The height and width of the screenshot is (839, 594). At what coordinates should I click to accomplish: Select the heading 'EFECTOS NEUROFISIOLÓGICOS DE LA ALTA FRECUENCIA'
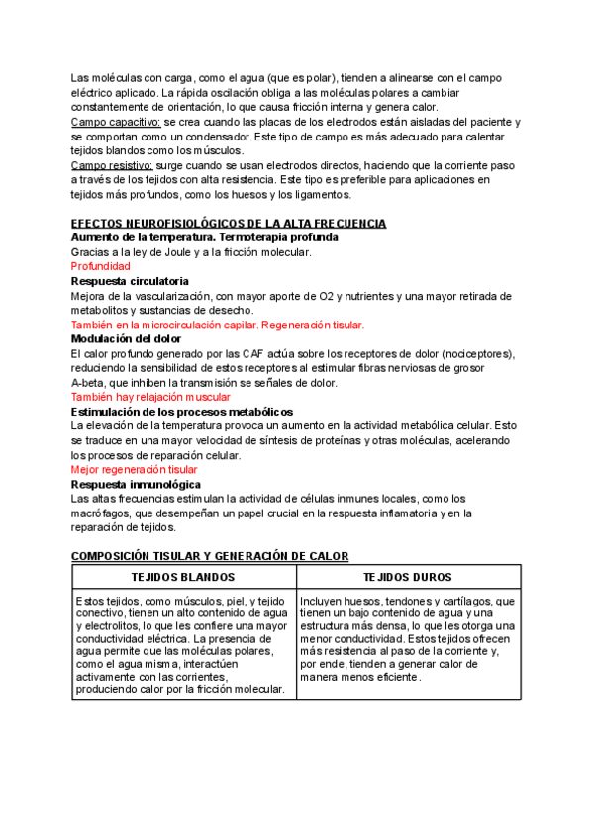[x=229, y=225]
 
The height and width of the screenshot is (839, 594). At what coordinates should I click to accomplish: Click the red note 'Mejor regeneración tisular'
[x=135, y=469]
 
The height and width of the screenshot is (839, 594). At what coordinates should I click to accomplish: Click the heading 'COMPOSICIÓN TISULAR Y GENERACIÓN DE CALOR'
[x=210, y=557]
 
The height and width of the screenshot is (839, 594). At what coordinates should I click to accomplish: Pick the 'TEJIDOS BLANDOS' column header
[x=183, y=577]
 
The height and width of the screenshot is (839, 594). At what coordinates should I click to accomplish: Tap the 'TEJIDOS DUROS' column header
[x=408, y=577]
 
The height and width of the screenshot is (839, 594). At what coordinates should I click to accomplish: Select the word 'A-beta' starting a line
[x=88, y=383]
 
